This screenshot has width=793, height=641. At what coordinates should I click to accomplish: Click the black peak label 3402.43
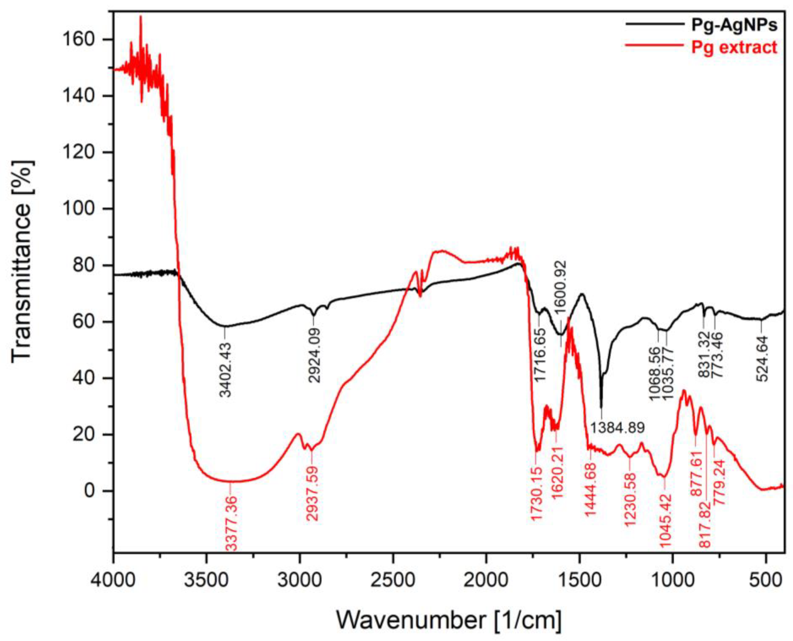(225, 369)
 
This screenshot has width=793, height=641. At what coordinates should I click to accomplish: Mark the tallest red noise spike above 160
(140, 17)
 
